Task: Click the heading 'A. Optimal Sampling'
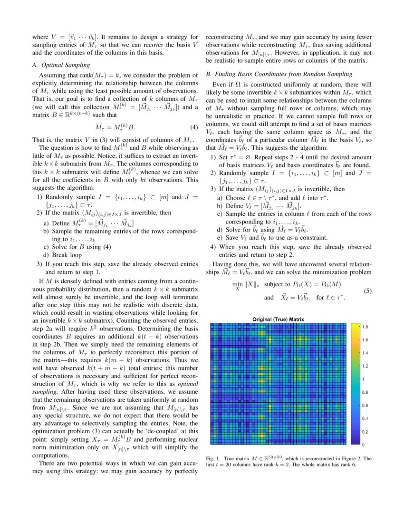tap(63, 65)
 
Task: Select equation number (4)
tap(193, 127)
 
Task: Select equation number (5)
tap(367, 291)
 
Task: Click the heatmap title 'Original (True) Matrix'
tap(278, 319)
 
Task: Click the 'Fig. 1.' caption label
tap(213, 459)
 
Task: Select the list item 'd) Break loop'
tap(61, 255)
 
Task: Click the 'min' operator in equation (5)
tap(236, 284)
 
